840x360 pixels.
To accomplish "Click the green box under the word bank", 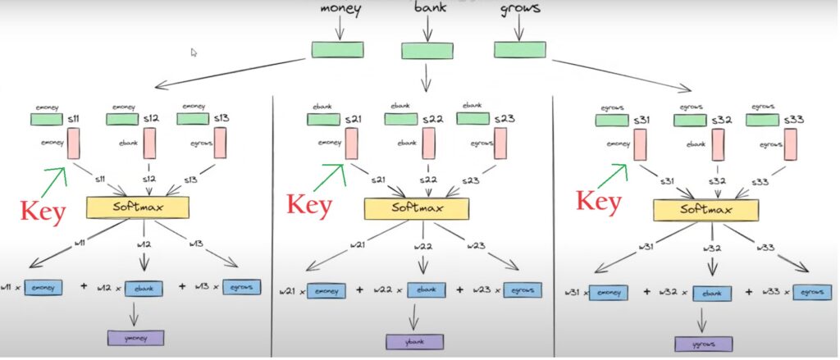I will click(x=427, y=50).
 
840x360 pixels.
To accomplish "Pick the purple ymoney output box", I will click(x=135, y=337).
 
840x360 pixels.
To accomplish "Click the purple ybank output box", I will click(x=415, y=341).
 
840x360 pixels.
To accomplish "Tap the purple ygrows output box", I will click(x=704, y=344).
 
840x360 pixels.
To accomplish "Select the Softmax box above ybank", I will click(x=416, y=208).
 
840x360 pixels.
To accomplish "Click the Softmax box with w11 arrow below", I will click(x=137, y=206).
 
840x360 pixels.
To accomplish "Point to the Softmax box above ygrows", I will click(x=704, y=209).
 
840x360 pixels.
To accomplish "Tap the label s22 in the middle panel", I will click(x=433, y=120).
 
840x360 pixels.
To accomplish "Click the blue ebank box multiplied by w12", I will click(x=143, y=288).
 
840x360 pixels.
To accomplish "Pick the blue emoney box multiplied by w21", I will click(x=326, y=290).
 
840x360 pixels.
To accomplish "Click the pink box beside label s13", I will click(x=220, y=143).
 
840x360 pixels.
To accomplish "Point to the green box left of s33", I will click(x=762, y=121).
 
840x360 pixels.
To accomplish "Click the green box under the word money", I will click(x=337, y=49).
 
